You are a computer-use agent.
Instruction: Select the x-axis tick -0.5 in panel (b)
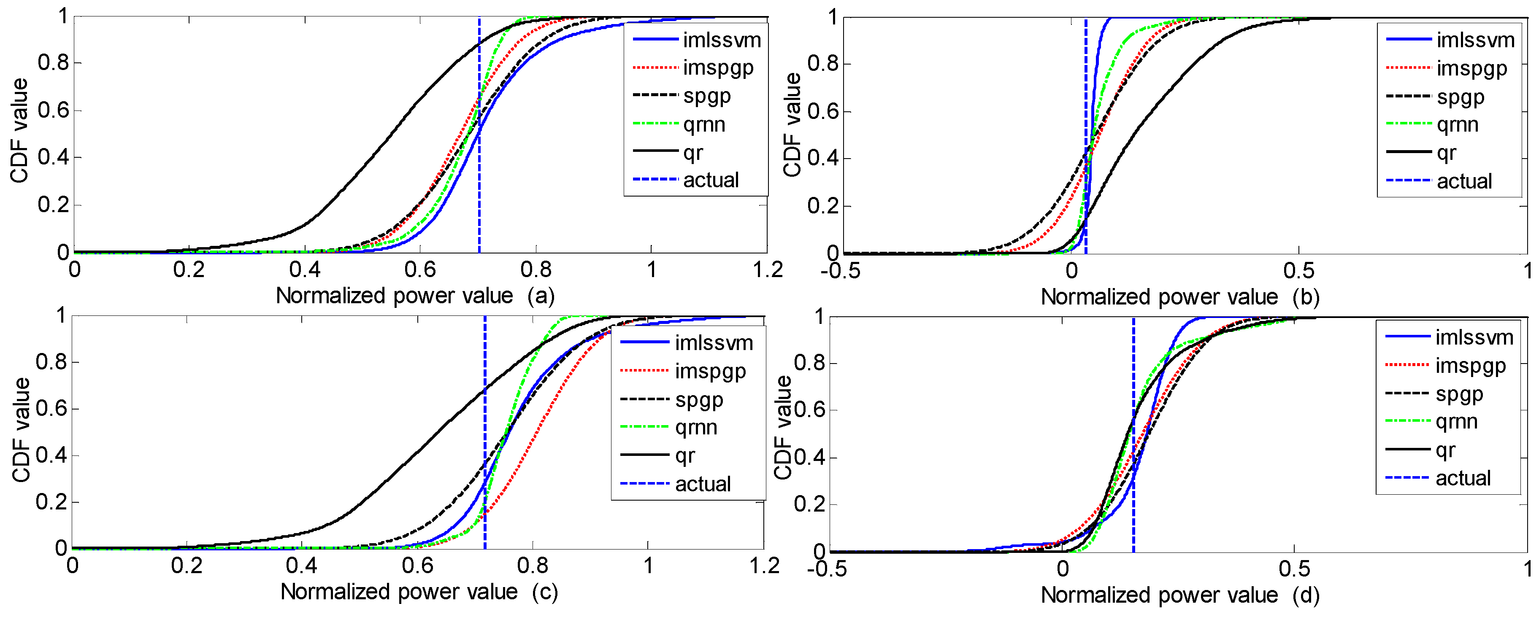pyautogui.click(x=840, y=271)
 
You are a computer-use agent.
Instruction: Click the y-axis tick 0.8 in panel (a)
pyautogui.click(x=53, y=63)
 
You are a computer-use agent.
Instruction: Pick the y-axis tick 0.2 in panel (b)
pyautogui.click(x=823, y=207)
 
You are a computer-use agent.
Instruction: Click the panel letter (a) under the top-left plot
pyautogui.click(x=541, y=296)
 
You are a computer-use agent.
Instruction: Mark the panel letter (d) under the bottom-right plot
pyautogui.click(x=1305, y=595)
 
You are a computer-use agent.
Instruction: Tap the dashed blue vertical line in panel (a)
pyautogui.click(x=479, y=179)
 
